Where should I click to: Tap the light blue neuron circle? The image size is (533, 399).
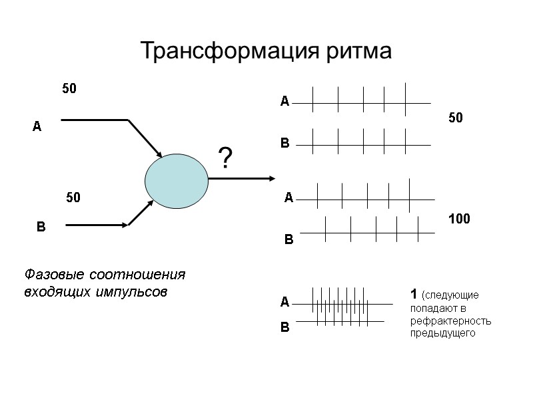(177, 182)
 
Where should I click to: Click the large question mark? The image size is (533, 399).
(226, 158)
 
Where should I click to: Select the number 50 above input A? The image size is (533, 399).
(69, 88)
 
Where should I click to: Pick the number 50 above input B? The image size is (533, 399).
(73, 198)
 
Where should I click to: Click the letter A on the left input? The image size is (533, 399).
(37, 126)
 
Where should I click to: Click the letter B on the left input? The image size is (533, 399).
(40, 228)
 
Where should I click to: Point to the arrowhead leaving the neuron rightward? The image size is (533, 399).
(270, 178)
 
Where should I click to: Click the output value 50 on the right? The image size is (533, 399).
(455, 118)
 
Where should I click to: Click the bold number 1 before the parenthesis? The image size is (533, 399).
(414, 294)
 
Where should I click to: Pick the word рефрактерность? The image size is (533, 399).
(451, 321)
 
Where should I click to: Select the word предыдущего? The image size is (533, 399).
(443, 333)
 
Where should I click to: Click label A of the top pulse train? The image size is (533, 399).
(284, 102)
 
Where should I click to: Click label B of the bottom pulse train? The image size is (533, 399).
(284, 328)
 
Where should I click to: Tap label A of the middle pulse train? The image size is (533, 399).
(288, 198)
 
